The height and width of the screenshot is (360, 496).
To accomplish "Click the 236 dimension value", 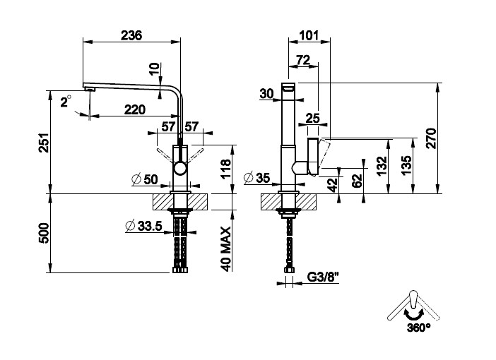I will [x=131, y=35].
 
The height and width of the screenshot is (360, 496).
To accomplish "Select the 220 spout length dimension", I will [x=135, y=109].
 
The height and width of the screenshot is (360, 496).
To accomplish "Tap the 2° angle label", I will [x=66, y=102].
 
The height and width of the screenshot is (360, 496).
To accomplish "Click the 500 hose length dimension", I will [x=42, y=233].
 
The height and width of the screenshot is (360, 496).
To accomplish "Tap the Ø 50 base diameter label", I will [x=145, y=179].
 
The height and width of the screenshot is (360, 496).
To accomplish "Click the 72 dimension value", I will [x=304, y=61].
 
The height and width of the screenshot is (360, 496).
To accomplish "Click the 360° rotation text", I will [x=418, y=328].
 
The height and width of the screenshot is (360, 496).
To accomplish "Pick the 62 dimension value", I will [x=357, y=179].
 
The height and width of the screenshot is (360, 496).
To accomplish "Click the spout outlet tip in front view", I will [x=90, y=88].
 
